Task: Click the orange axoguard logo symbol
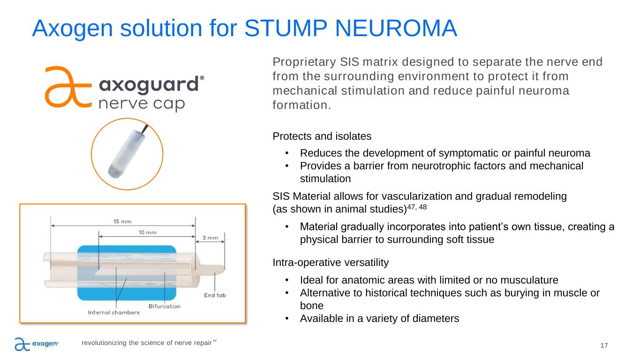(67, 86)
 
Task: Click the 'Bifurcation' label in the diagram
(164, 306)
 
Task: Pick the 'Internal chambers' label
(113, 313)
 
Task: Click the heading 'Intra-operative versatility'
(330, 263)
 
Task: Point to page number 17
(604, 345)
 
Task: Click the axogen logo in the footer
(36, 345)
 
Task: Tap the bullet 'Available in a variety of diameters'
(379, 318)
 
